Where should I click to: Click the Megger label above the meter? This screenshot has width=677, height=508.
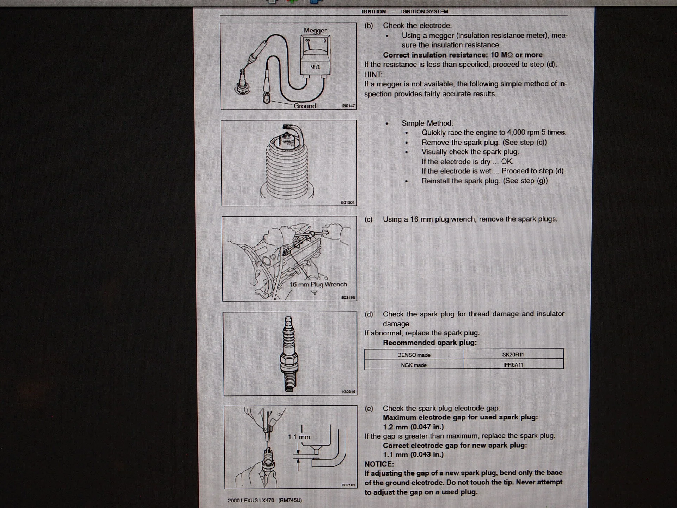pos(315,31)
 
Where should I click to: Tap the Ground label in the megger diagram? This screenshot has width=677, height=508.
pos(305,106)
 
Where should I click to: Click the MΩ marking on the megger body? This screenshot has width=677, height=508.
pos(315,67)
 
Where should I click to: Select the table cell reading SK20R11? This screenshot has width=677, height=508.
pos(513,355)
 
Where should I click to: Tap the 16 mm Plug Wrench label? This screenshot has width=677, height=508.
pos(318,284)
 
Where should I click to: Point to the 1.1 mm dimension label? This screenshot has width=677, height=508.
pos(299,437)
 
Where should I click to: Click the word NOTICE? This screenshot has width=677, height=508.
pos(379,464)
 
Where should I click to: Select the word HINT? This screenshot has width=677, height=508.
pos(373,74)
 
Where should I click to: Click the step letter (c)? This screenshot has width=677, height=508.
pos(368,219)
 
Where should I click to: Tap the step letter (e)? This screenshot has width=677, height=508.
pos(369,409)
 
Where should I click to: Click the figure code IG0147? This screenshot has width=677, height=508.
pos(348,106)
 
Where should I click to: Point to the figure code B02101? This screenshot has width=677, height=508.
pos(348,485)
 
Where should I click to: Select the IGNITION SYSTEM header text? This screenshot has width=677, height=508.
pos(424,12)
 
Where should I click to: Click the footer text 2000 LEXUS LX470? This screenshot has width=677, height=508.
pos(251,500)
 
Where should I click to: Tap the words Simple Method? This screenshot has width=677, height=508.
pos(427,123)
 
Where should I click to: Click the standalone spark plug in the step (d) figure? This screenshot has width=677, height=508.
pos(289,354)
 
